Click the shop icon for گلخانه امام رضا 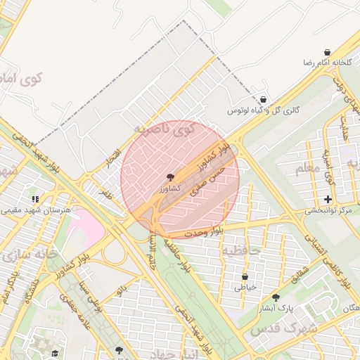[x=328, y=53]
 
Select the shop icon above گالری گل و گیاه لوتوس [x=263, y=100]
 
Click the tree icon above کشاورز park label [x=169, y=178]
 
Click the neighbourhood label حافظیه [x=241, y=250]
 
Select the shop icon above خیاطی [x=245, y=277]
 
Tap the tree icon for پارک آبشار [x=275, y=297]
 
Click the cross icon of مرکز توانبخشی [x=328, y=200]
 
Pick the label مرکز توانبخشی [x=330, y=211]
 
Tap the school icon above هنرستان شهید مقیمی [x=35, y=199]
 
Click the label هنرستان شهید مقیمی [x=35, y=210]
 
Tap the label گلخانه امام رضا [x=328, y=63]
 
